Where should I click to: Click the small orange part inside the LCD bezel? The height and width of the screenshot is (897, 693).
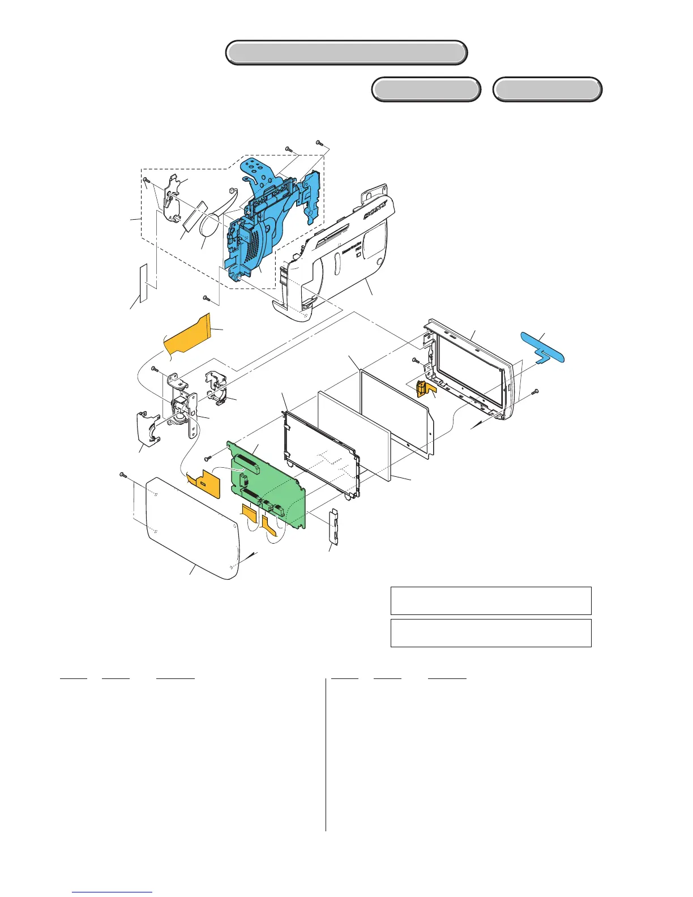[424, 388]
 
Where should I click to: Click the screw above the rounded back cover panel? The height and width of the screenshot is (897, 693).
[123, 474]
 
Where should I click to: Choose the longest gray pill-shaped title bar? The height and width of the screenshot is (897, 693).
[346, 53]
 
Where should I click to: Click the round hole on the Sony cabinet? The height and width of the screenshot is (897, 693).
[379, 261]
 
